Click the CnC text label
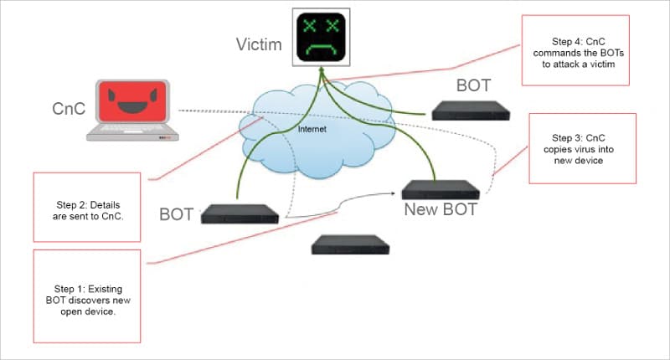69,109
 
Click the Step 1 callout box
86,296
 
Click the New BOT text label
441,209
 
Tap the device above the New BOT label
441,188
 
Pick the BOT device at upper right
471,109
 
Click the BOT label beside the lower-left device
177,214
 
